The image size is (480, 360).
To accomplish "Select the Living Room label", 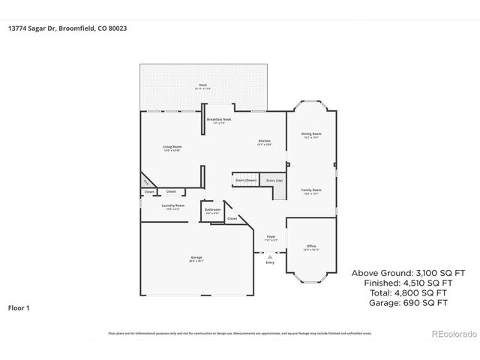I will (172, 146).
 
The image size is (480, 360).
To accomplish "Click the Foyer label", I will (271, 237).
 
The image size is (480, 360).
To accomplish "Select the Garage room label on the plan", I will (196, 258).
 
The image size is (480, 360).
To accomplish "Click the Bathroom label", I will (212, 210).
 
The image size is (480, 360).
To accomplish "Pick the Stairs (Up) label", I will (274, 180).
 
